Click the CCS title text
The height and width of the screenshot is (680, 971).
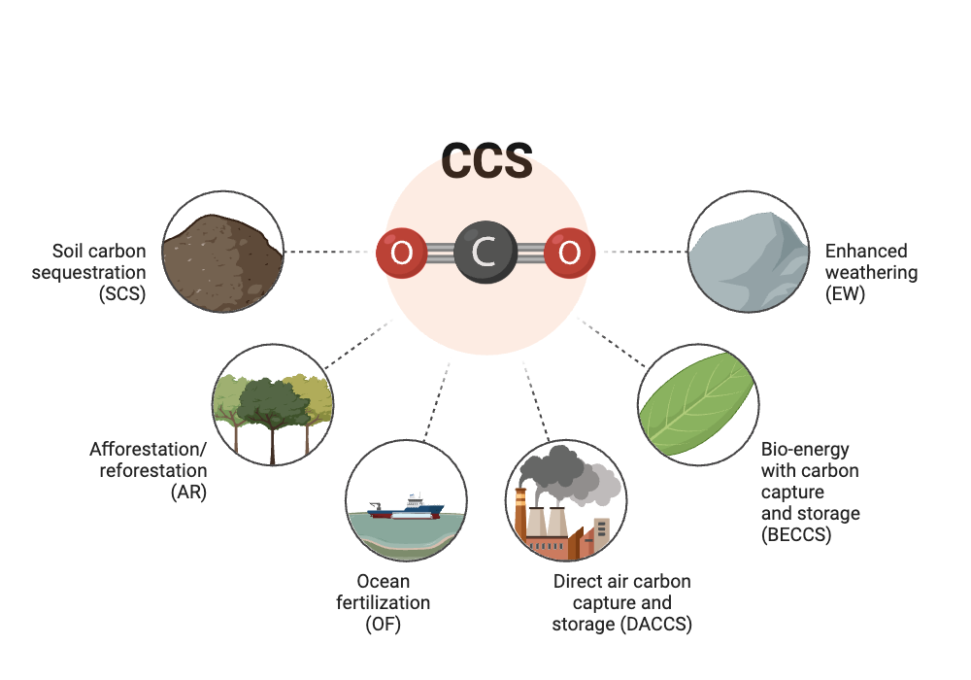tap(486, 161)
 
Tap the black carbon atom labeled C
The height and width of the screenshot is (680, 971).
tap(485, 253)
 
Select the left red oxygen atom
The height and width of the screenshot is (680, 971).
tap(401, 253)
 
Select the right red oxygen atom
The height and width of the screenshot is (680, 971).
tap(569, 253)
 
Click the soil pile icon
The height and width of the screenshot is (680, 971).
tap(222, 257)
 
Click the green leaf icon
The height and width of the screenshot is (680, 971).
tap(696, 404)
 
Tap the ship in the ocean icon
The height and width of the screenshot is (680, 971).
tap(408, 506)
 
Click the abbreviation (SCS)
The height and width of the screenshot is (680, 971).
tap(122, 293)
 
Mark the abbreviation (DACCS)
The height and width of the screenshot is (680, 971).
tap(655, 624)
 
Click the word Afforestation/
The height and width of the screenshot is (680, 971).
tap(149, 450)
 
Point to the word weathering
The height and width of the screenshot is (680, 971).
tap(871, 272)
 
